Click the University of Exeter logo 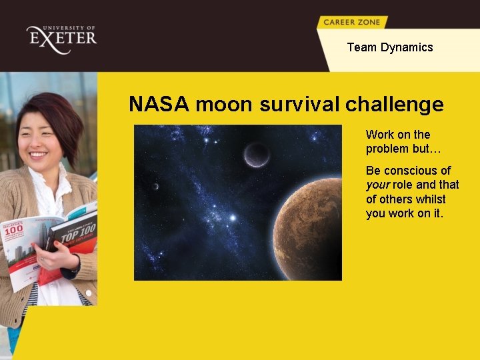61,38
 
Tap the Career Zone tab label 351,22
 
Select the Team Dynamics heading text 389,47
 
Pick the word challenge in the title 395,105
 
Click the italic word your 377,185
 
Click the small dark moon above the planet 257,154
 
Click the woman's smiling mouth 39,155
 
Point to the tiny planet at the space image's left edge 155,186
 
